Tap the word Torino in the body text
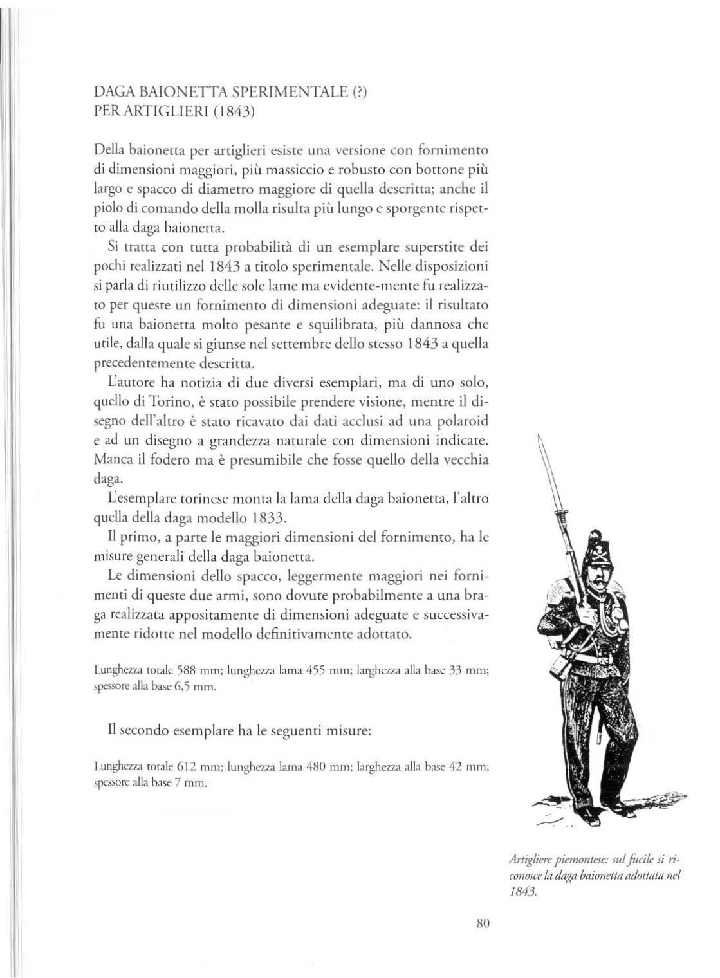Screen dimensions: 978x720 (156, 403)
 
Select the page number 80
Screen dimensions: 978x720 (484, 923)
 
